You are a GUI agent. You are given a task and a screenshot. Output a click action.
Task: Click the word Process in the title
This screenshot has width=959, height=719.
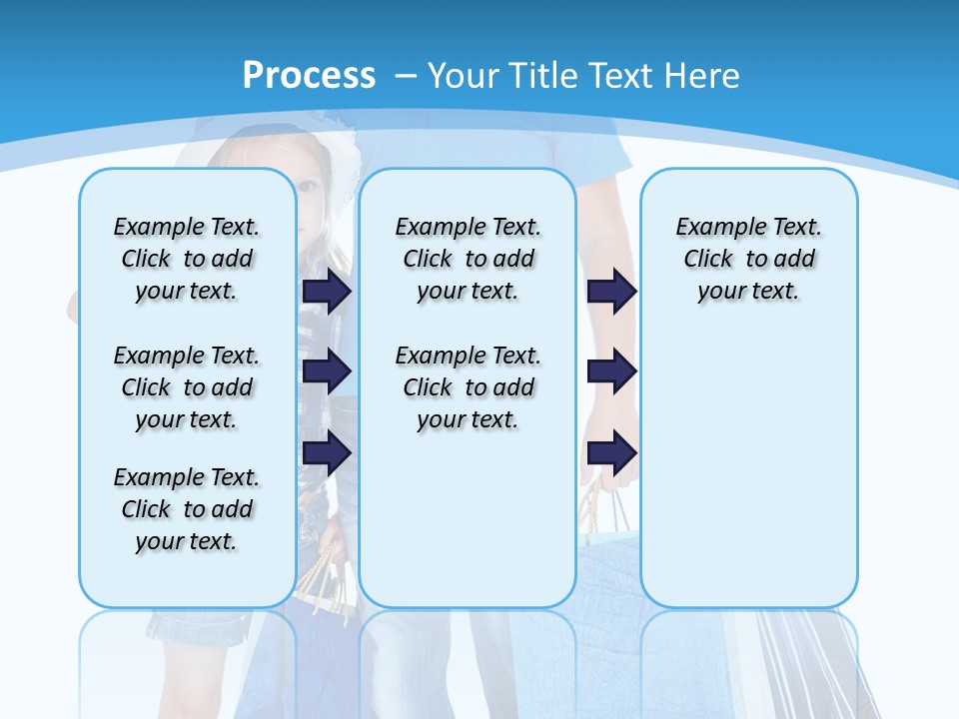point(309,75)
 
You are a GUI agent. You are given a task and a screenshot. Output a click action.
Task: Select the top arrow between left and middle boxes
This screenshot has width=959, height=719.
point(327,291)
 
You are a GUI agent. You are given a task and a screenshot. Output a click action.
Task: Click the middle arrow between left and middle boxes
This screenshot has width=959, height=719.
point(327,371)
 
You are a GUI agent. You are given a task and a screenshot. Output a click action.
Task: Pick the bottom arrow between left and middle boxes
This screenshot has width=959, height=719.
point(327,452)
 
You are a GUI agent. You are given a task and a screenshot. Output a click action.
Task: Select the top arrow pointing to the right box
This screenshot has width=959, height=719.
point(611,291)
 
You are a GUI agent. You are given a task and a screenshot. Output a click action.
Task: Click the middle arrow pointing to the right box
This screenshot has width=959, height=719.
point(611,371)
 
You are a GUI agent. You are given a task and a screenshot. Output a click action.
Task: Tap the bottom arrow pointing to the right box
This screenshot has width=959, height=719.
point(611,452)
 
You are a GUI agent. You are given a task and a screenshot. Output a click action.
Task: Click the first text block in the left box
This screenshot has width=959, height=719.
point(187,259)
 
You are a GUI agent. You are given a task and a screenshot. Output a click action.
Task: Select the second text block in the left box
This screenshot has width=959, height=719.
point(187,387)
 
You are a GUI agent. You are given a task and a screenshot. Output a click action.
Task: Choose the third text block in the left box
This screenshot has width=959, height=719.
point(187,509)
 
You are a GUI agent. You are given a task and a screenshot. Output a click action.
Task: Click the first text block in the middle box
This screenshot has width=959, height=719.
point(468,259)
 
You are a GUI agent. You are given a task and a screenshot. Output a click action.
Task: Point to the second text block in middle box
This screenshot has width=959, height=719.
point(468,387)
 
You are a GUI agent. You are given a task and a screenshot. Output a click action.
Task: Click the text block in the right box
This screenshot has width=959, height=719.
point(748,259)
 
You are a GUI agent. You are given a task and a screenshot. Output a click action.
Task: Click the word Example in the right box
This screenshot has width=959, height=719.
point(716,228)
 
